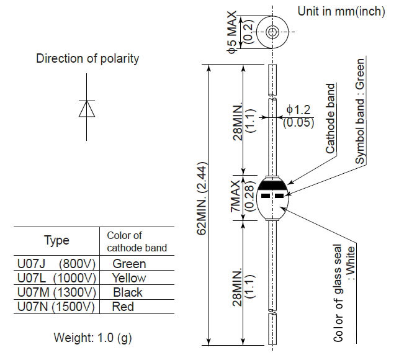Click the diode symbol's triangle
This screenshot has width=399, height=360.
click(87, 109)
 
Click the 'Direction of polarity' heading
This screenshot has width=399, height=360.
click(87, 58)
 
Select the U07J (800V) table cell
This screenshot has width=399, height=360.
click(56, 264)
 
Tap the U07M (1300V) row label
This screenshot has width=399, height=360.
click(56, 292)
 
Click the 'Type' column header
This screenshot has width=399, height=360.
click(56, 240)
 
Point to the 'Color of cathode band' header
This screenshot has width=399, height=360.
click(137, 241)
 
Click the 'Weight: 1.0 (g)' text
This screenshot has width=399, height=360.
click(93, 338)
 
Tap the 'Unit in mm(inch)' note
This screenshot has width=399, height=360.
click(341, 11)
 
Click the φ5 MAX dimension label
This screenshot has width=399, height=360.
click(232, 32)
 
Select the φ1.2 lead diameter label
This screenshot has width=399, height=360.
click(298, 110)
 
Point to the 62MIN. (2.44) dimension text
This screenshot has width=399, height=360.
click(202, 198)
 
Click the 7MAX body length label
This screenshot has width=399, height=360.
click(235, 196)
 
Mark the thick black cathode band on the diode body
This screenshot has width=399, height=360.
click(272, 185)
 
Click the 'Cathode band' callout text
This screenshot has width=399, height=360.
click(330, 119)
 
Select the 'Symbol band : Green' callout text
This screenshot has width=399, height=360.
click(360, 111)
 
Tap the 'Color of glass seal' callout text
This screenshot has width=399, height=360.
click(338, 293)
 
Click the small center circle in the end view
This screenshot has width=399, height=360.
click(272, 32)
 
